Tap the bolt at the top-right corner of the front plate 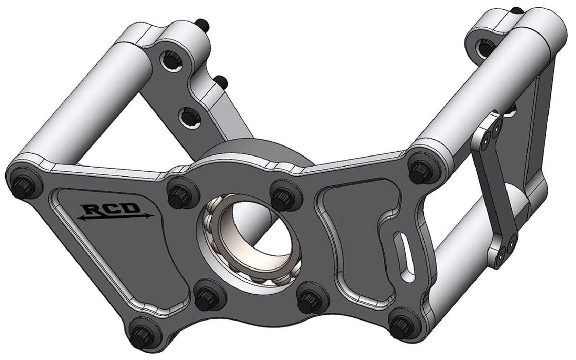[x=421, y=170]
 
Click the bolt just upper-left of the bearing [x=181, y=194]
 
